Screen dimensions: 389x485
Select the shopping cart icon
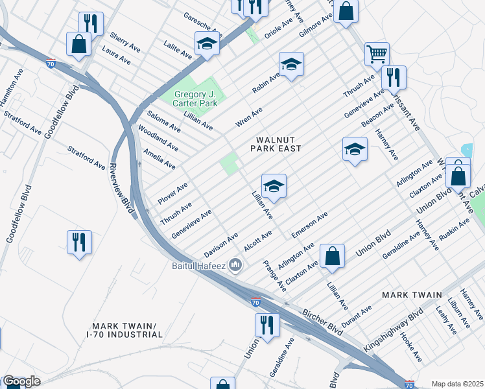click(x=377, y=54)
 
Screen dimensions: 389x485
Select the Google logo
click(x=21, y=381)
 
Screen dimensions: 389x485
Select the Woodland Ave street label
click(x=158, y=138)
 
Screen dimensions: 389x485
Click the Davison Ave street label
click(x=221, y=244)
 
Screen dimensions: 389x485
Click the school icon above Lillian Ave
click(x=274, y=186)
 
